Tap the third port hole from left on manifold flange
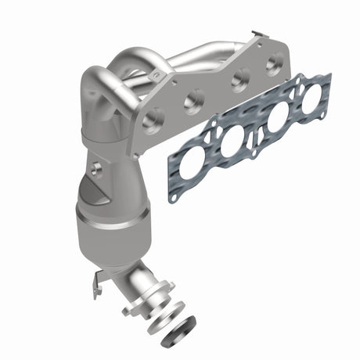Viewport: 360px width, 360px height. click(239, 77)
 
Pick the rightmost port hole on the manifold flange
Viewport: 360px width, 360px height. click(274, 63)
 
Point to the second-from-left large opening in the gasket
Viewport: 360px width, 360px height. click(233, 144)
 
